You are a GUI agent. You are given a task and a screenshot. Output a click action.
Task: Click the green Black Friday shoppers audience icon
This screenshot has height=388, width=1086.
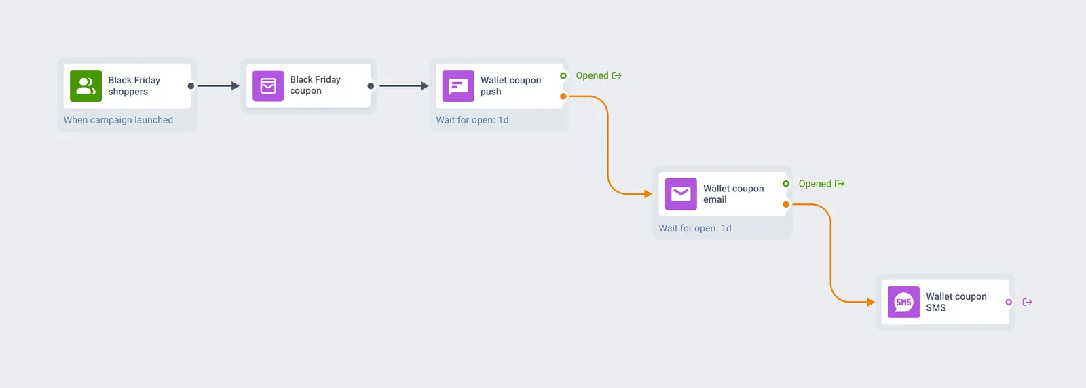click(86, 85)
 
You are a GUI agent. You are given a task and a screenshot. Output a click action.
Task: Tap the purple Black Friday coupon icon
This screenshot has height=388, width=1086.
click(268, 85)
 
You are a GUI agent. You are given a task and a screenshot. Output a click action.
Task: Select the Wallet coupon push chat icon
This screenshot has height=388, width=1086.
click(458, 85)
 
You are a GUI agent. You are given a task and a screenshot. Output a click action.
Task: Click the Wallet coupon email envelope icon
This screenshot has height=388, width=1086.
click(681, 194)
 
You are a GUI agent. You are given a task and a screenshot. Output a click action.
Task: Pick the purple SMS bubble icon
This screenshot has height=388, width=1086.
click(903, 303)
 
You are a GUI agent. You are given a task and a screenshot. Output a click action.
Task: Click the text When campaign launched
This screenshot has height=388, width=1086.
click(118, 120)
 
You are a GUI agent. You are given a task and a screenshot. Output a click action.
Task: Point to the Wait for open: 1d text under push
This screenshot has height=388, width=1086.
click(472, 120)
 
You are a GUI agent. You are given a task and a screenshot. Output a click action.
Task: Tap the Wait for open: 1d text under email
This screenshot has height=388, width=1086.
click(695, 228)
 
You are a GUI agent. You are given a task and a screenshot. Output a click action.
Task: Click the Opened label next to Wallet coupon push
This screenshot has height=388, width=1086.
click(592, 75)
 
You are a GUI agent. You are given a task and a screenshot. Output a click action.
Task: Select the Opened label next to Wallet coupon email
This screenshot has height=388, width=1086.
click(814, 184)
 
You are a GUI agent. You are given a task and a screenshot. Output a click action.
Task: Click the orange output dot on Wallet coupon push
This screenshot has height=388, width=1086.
click(563, 96)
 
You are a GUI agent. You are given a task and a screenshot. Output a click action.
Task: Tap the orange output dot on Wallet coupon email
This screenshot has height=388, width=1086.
click(786, 204)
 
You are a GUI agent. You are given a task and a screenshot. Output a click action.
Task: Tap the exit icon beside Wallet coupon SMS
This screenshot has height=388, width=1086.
click(1027, 303)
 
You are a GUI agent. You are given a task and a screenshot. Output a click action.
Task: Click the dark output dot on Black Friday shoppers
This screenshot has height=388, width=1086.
click(191, 85)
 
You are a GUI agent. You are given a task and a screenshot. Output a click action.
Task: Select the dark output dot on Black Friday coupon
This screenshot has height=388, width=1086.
click(371, 85)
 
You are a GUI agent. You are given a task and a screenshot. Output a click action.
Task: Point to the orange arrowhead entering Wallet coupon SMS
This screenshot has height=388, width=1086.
click(871, 303)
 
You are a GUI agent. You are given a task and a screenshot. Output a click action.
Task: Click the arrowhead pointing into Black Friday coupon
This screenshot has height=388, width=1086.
click(235, 85)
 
